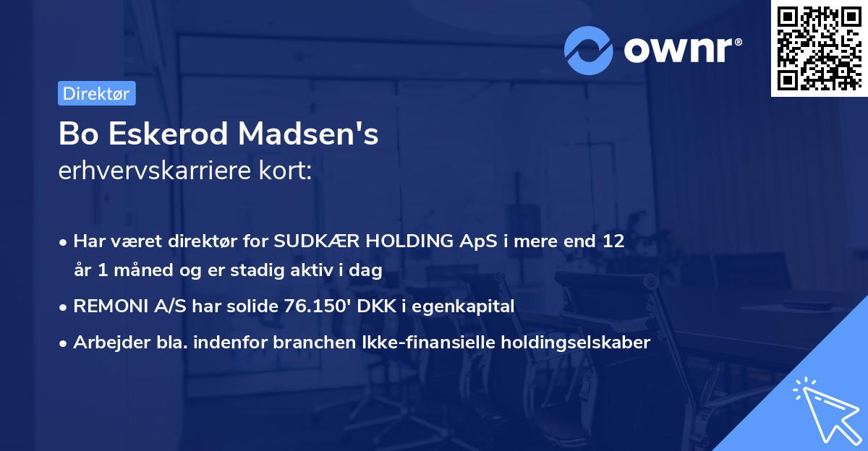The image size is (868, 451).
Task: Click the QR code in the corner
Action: (819, 48)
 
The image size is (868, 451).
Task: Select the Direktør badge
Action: (96, 93)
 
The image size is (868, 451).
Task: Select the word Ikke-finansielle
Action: (408, 343)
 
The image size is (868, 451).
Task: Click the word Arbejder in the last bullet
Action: (106, 343)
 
